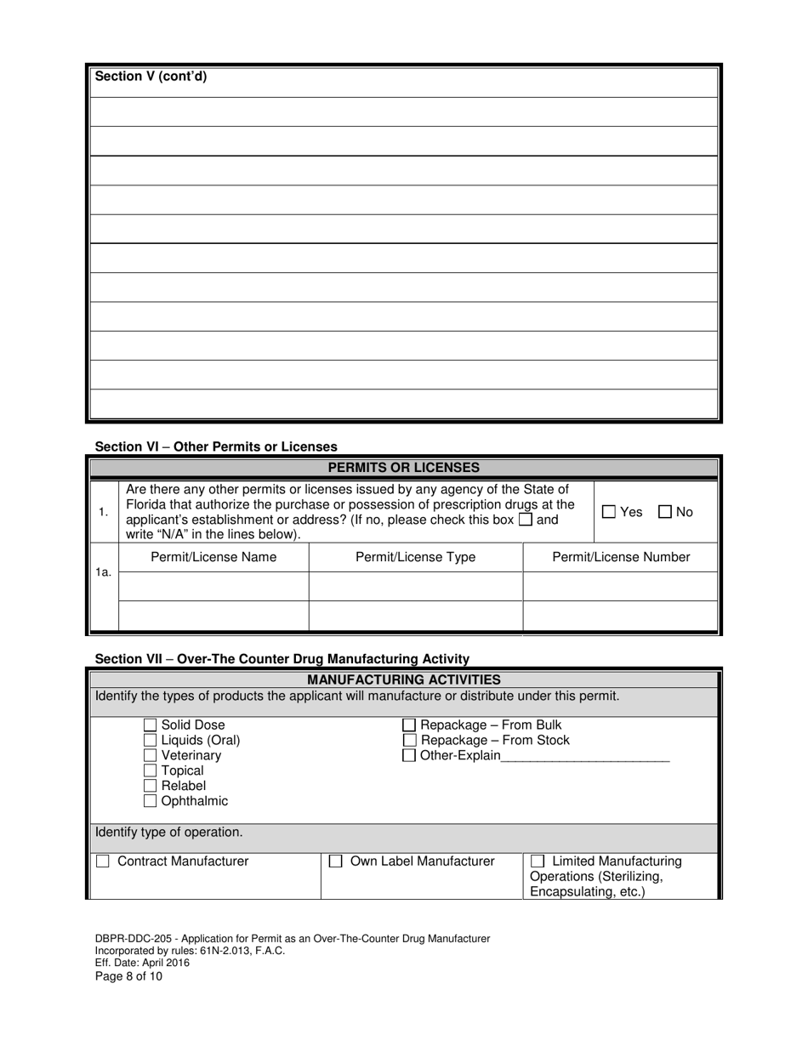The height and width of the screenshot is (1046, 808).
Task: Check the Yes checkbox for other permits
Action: click(609, 512)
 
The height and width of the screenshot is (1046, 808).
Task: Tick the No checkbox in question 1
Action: click(666, 512)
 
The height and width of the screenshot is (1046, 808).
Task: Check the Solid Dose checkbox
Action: click(151, 725)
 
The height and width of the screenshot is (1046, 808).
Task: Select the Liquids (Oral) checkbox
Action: click(151, 741)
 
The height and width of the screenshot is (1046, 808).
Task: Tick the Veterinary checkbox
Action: click(151, 756)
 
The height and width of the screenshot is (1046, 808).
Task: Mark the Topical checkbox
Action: click(151, 771)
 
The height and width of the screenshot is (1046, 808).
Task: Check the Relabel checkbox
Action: click(151, 787)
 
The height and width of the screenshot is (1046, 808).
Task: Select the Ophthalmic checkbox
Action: click(151, 802)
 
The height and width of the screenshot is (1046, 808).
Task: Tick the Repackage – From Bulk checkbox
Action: click(409, 725)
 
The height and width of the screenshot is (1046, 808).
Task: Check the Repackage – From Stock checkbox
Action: click(409, 741)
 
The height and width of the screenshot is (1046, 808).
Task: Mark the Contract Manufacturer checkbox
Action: click(103, 861)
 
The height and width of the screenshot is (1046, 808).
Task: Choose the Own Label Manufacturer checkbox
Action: click(336, 861)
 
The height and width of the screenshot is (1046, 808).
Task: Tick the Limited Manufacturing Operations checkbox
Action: click(538, 861)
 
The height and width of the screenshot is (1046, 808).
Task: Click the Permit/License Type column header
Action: click(415, 558)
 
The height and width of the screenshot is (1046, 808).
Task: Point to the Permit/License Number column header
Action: click(621, 558)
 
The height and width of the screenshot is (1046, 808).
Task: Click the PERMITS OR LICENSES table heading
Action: click(404, 468)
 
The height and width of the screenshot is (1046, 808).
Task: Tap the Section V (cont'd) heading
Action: click(151, 77)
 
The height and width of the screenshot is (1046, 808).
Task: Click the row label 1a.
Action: click(103, 572)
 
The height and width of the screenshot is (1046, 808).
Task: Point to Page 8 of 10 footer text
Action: click(128, 976)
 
